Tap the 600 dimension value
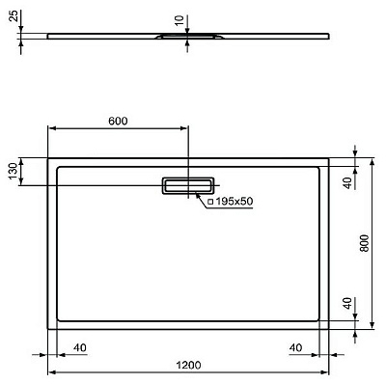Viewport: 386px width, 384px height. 118,121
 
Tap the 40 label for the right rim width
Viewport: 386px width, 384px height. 296,346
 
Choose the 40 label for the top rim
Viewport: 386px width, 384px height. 345,181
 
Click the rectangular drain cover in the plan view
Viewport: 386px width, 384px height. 189,184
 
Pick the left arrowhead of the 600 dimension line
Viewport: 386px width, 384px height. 51,128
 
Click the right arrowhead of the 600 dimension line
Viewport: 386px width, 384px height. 186,128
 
